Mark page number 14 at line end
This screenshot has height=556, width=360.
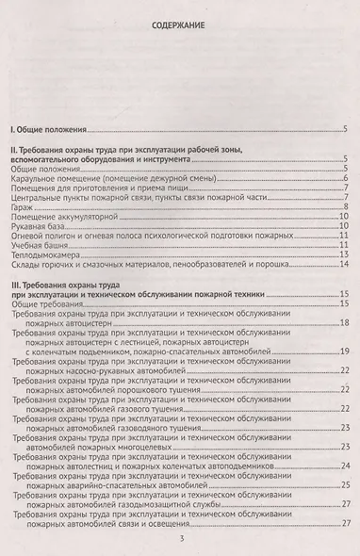346,266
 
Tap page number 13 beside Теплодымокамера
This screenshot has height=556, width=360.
346,255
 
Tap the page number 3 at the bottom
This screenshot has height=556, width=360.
180,539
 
